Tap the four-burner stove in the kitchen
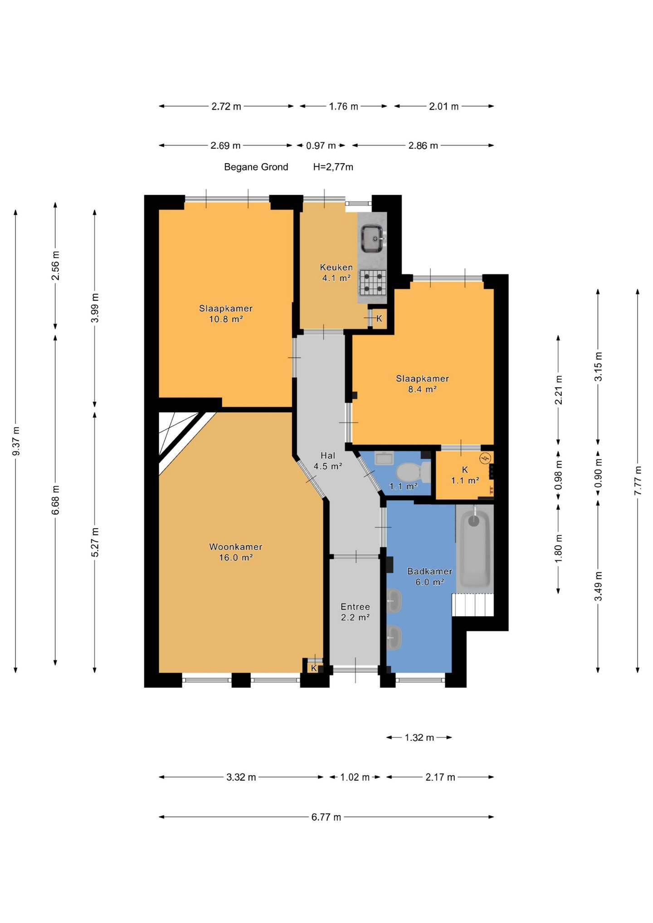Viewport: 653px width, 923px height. pyautogui.click(x=373, y=282)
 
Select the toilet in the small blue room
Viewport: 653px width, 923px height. pyautogui.click(x=413, y=472)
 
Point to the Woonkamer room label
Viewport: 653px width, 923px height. pyautogui.click(x=235, y=547)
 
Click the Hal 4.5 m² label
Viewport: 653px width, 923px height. pyautogui.click(x=328, y=461)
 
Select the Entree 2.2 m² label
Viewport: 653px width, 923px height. pyautogui.click(x=355, y=612)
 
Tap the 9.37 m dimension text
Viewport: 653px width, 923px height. pyautogui.click(x=16, y=441)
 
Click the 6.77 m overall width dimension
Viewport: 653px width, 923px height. pyautogui.click(x=326, y=817)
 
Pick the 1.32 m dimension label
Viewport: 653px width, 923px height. pyautogui.click(x=419, y=738)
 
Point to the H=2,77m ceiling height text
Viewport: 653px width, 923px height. pyautogui.click(x=333, y=167)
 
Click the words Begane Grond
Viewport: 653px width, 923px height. pyautogui.click(x=256, y=167)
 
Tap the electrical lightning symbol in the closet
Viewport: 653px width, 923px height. pyautogui.click(x=486, y=458)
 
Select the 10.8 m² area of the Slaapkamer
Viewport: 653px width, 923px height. pyautogui.click(x=226, y=319)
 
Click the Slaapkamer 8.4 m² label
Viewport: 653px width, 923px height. pyautogui.click(x=422, y=384)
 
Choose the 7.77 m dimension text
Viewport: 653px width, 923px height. pyautogui.click(x=638, y=481)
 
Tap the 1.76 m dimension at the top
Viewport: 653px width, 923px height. pyautogui.click(x=344, y=107)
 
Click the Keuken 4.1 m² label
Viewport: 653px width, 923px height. pyautogui.click(x=336, y=272)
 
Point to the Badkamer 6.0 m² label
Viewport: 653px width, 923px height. pyautogui.click(x=429, y=577)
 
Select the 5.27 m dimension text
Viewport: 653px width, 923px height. pyautogui.click(x=95, y=542)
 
